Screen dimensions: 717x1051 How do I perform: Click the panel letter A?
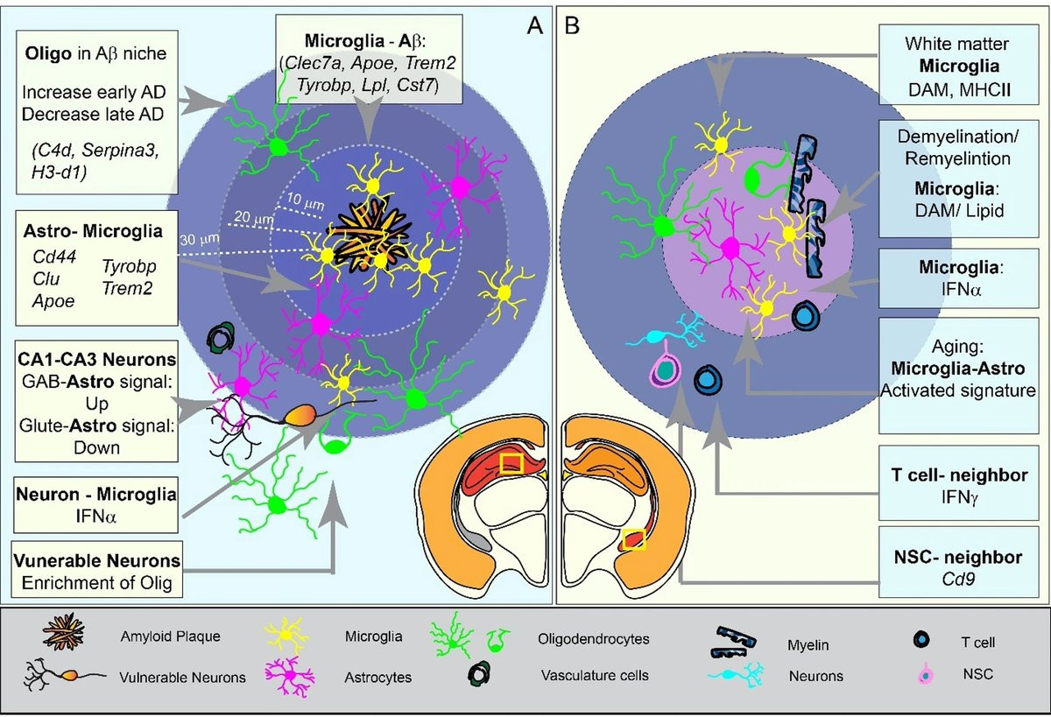click(534, 27)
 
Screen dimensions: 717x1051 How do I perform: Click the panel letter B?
click(572, 27)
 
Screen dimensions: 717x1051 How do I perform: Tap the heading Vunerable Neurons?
click(96, 559)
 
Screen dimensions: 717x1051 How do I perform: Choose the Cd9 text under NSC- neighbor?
click(965, 578)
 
